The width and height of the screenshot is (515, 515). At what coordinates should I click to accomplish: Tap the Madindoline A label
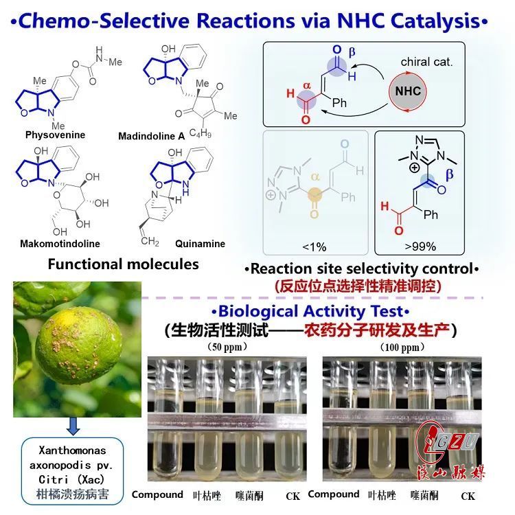[x=151, y=136]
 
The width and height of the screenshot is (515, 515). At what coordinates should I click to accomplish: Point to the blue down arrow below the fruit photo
[x=72, y=430]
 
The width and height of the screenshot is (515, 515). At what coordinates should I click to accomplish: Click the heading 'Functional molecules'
[x=123, y=264]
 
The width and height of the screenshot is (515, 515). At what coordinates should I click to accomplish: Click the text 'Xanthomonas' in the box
[x=72, y=450]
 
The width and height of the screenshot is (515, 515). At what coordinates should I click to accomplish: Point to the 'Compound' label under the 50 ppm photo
[x=157, y=494]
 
